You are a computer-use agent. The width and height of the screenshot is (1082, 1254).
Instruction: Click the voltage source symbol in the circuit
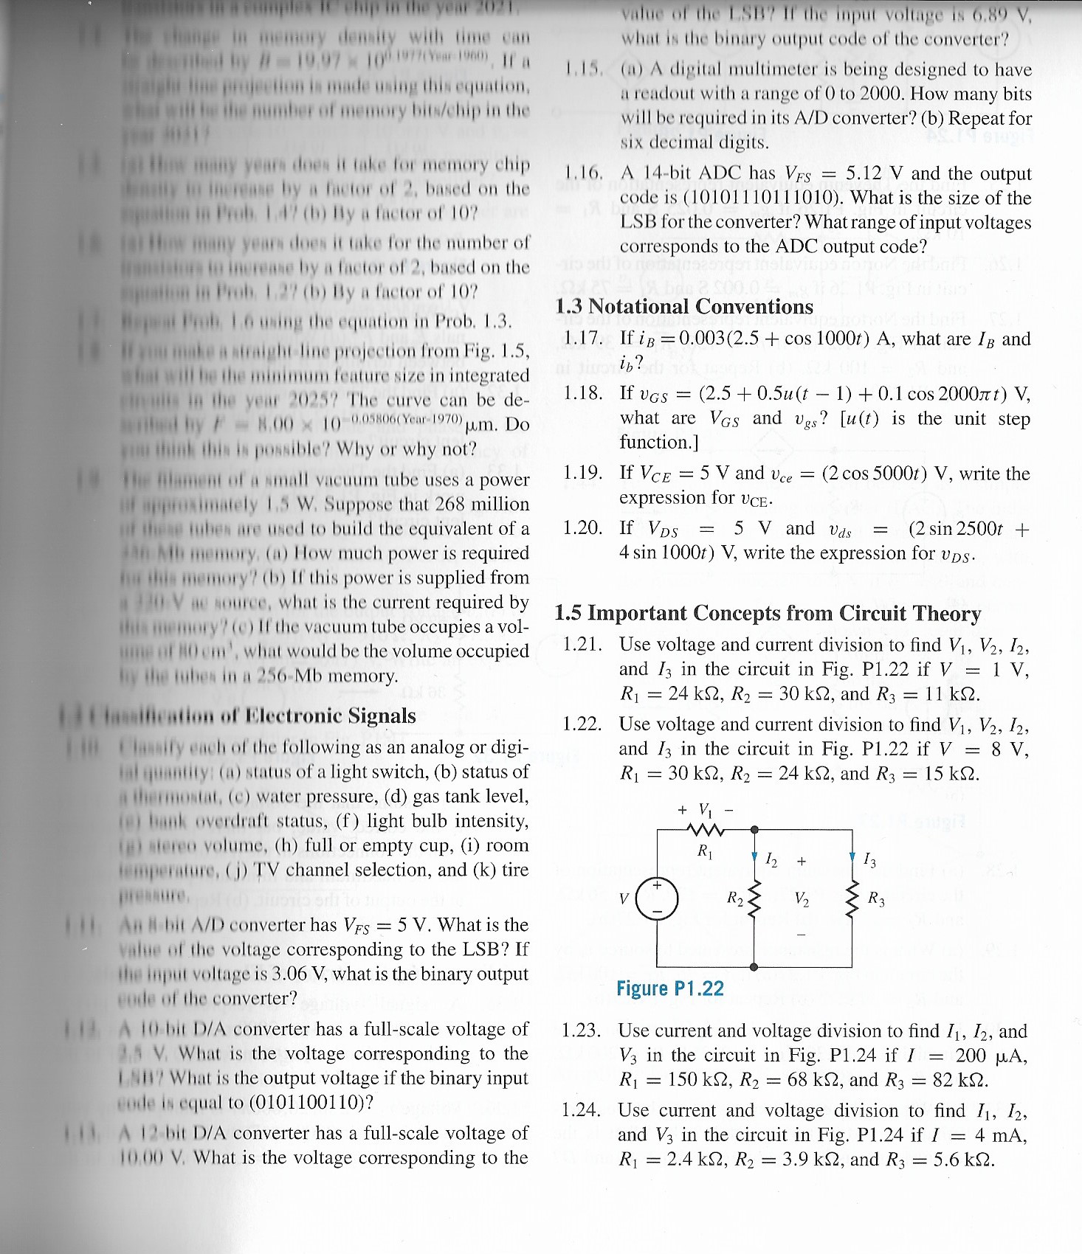tap(656, 898)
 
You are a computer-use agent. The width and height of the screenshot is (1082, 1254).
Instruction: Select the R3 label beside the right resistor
tap(876, 898)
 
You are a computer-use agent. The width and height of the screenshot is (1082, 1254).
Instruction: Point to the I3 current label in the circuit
tap(870, 859)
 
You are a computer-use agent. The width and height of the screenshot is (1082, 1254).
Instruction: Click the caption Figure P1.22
tap(670, 988)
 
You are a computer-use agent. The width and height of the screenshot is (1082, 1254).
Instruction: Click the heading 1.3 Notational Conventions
tap(683, 306)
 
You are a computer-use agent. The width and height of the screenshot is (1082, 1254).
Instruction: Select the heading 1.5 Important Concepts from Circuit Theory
tap(768, 613)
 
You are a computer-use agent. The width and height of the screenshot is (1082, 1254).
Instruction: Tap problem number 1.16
tap(583, 174)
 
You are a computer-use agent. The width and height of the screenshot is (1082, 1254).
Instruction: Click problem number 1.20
tap(582, 528)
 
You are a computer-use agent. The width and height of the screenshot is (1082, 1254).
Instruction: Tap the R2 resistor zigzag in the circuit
tap(754, 898)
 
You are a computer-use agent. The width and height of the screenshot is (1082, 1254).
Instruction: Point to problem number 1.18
tap(582, 392)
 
